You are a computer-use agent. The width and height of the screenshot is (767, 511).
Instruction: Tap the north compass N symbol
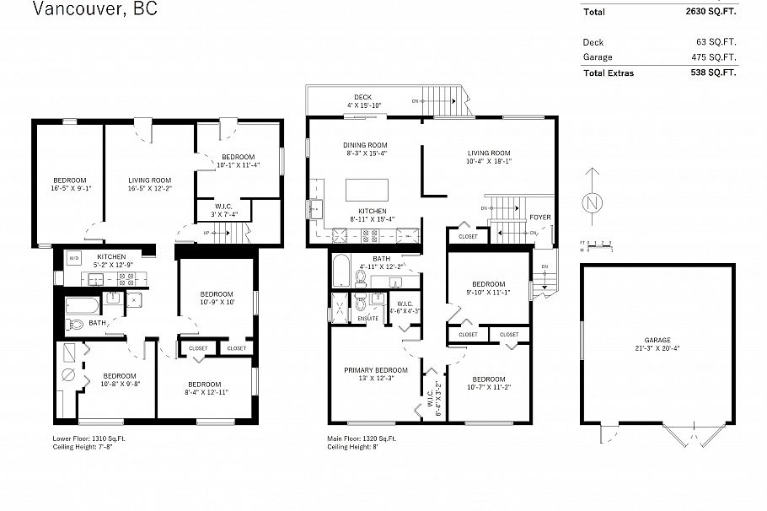593,202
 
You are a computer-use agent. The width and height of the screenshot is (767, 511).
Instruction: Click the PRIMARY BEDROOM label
375,370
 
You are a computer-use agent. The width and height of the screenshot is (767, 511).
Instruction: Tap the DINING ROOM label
364,144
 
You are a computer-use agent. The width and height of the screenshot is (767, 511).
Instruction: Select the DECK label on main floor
363,97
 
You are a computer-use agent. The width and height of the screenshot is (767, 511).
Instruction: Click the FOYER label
539,218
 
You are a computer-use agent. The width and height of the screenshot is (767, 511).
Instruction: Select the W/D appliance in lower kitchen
74,258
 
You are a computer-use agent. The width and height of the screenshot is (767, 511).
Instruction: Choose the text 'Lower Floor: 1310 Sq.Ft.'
89,438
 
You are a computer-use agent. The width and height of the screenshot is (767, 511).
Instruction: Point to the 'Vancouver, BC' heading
94,10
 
